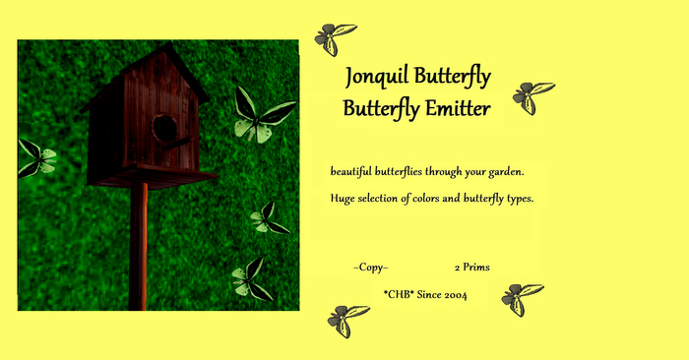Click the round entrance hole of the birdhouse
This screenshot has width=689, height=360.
click(165, 127)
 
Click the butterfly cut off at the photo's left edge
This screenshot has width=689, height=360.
click(33, 157)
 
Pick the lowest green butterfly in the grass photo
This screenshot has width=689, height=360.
click(251, 279)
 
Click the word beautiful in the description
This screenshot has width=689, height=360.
click(360, 171)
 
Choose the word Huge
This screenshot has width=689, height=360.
click(344, 198)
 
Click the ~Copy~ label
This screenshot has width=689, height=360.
click(370, 268)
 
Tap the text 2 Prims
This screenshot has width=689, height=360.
click(471, 268)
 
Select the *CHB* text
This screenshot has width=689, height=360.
click(400, 293)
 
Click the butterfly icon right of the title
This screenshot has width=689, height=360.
click(532, 96)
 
